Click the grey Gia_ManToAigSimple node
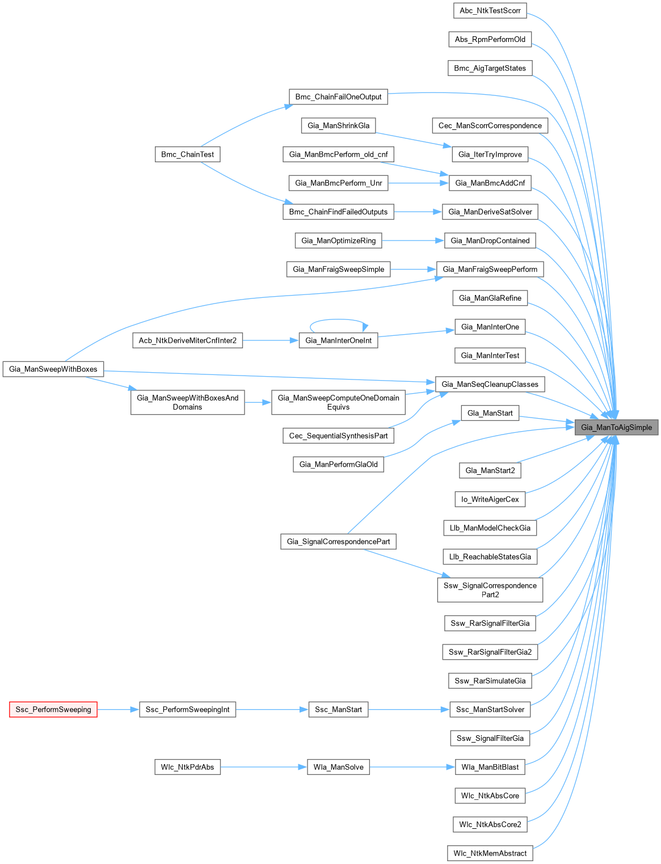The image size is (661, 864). (616, 427)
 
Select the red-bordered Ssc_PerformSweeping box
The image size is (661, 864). (53, 709)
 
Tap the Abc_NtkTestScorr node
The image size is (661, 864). (490, 10)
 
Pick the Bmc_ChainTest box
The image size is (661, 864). (187, 154)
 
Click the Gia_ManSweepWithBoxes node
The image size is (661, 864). (53, 369)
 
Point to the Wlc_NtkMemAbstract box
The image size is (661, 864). (490, 853)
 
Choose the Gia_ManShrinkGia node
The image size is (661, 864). (338, 125)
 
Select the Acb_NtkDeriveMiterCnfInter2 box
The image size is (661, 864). (188, 340)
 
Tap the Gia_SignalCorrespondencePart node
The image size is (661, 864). (338, 541)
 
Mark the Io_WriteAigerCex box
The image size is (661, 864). (490, 499)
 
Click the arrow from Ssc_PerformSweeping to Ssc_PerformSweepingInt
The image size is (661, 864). (118, 709)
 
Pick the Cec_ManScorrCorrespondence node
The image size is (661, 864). (490, 125)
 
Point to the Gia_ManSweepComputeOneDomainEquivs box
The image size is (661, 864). (338, 402)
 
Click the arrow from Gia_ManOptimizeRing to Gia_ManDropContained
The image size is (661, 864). (413, 241)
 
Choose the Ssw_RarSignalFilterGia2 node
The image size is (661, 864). (490, 652)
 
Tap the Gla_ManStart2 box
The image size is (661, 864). (490, 470)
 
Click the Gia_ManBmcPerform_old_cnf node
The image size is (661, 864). (338, 154)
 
